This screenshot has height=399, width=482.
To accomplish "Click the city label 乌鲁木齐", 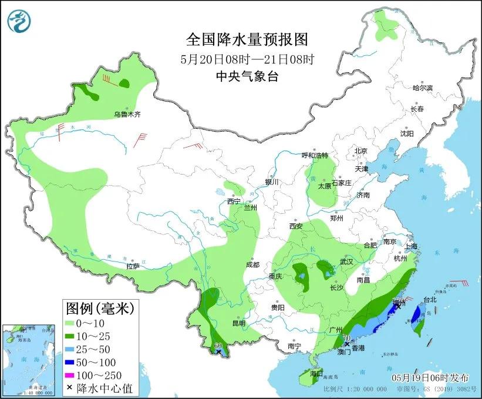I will pos(127,114).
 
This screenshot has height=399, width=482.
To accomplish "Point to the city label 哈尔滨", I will pos(422,88).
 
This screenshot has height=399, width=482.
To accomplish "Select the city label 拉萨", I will pos(133,266).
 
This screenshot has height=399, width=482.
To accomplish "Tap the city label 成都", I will pos(253,265).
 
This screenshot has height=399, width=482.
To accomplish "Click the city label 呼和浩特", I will pos(315,156).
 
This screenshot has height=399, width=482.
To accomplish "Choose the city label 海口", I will pos(316,373).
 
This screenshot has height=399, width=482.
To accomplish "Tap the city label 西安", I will pos(295,226).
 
